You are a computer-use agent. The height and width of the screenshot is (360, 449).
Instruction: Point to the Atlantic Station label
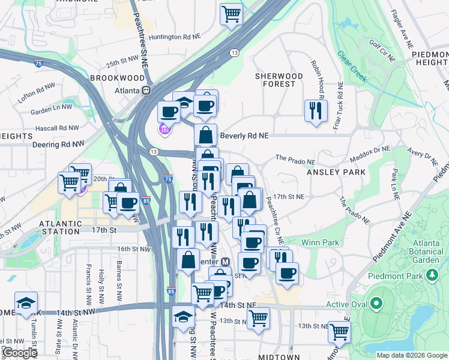(x=59, y=227)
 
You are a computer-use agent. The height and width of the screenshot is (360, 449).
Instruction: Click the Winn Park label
(x=321, y=243)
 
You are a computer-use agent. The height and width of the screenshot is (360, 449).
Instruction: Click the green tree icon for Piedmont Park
(x=431, y=275)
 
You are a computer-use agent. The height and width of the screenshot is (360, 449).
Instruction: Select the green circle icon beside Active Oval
(x=376, y=304)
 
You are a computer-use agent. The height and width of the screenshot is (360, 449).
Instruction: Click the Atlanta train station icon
(x=145, y=91)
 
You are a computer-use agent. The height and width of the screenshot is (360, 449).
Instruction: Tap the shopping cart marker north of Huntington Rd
(x=231, y=13)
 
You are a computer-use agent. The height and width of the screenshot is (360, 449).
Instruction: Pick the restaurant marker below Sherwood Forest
(x=316, y=110)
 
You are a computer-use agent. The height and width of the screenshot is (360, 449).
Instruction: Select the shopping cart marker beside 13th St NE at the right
(x=340, y=331)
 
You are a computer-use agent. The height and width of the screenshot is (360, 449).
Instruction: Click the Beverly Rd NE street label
(x=243, y=136)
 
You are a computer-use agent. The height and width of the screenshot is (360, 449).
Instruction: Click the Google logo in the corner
(x=19, y=353)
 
